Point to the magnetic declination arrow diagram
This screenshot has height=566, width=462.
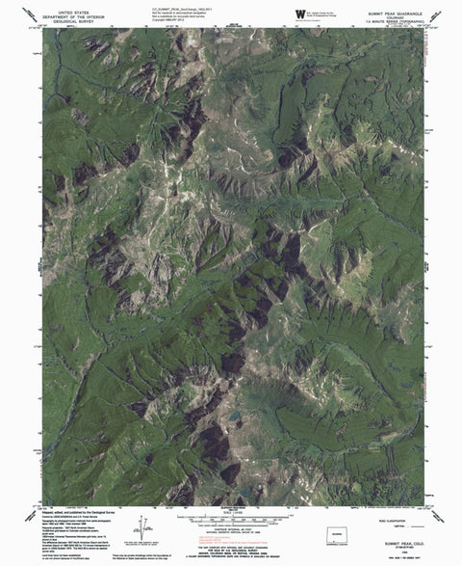click(146, 526)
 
